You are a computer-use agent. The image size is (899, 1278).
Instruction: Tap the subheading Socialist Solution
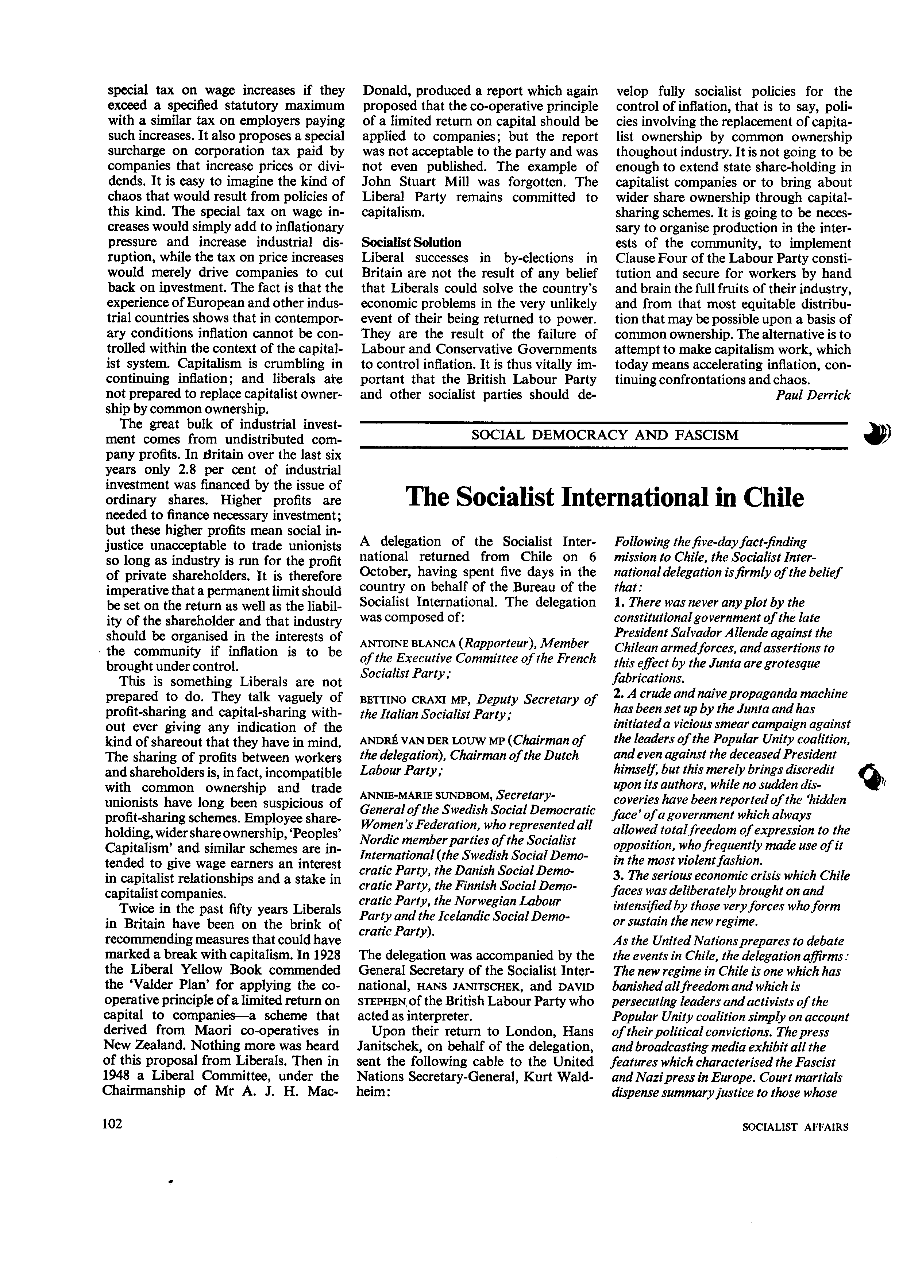coord(411,243)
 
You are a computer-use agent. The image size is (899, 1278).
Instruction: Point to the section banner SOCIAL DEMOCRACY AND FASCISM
coord(605,435)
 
